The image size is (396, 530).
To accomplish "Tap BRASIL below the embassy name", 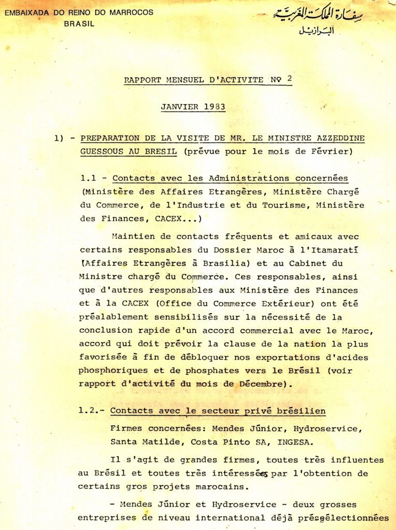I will [x=79, y=23].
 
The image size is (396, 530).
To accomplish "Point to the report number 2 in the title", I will [x=289, y=79].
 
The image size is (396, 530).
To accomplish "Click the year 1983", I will [x=213, y=108].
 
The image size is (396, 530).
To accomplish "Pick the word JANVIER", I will [x=179, y=108].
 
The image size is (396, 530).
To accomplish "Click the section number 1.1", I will [x=89, y=178].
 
